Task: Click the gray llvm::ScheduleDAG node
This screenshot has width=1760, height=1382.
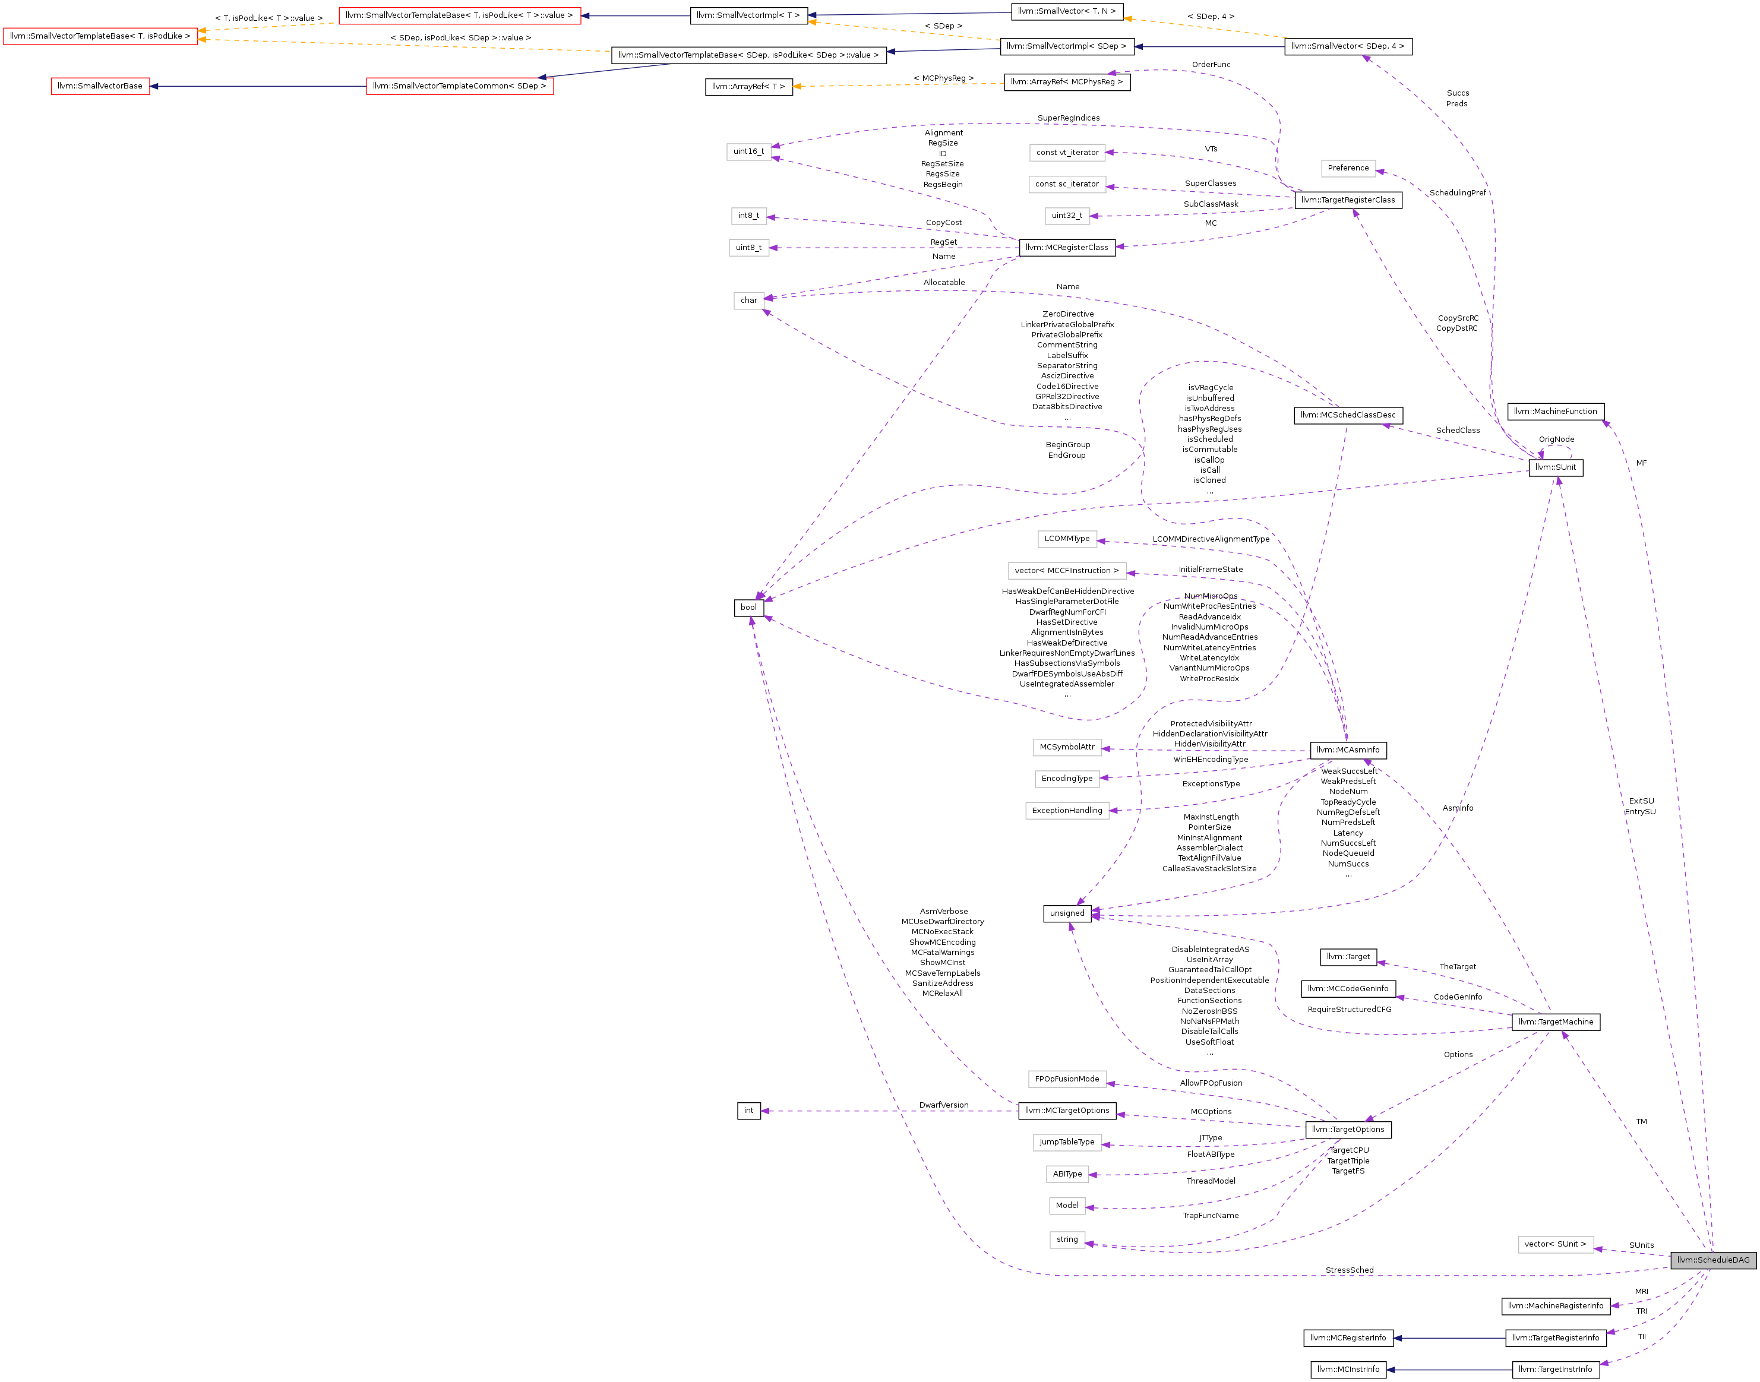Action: click(1713, 1260)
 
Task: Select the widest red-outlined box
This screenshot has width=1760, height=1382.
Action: click(460, 16)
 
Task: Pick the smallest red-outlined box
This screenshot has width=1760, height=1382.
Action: click(100, 86)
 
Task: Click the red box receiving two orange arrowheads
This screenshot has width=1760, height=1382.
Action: click(100, 36)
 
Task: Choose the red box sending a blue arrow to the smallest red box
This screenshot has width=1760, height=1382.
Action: click(460, 86)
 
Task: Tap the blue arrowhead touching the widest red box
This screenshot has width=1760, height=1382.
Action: click(585, 15)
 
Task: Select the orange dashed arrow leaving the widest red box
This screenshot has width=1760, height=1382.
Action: click(267, 27)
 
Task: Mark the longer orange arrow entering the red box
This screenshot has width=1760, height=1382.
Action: click(405, 45)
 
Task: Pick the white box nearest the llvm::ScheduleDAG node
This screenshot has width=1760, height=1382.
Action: click(1555, 1244)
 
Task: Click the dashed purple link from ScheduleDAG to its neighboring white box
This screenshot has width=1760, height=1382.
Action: click(1635, 1253)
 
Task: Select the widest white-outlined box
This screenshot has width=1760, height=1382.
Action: click(1067, 571)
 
